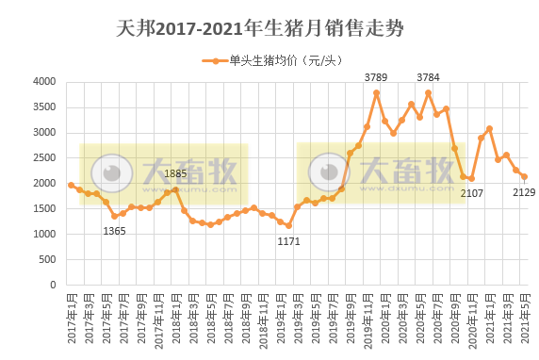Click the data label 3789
pos(376,77)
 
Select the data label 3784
pos(428,77)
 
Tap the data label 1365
pos(114,231)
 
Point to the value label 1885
pos(175,173)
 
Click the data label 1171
pos(288,241)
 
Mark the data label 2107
pos(471,193)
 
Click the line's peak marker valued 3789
pos(376,92)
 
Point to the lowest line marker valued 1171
pos(288,225)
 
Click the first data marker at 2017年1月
pos(71,185)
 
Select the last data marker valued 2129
pos(524,176)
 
